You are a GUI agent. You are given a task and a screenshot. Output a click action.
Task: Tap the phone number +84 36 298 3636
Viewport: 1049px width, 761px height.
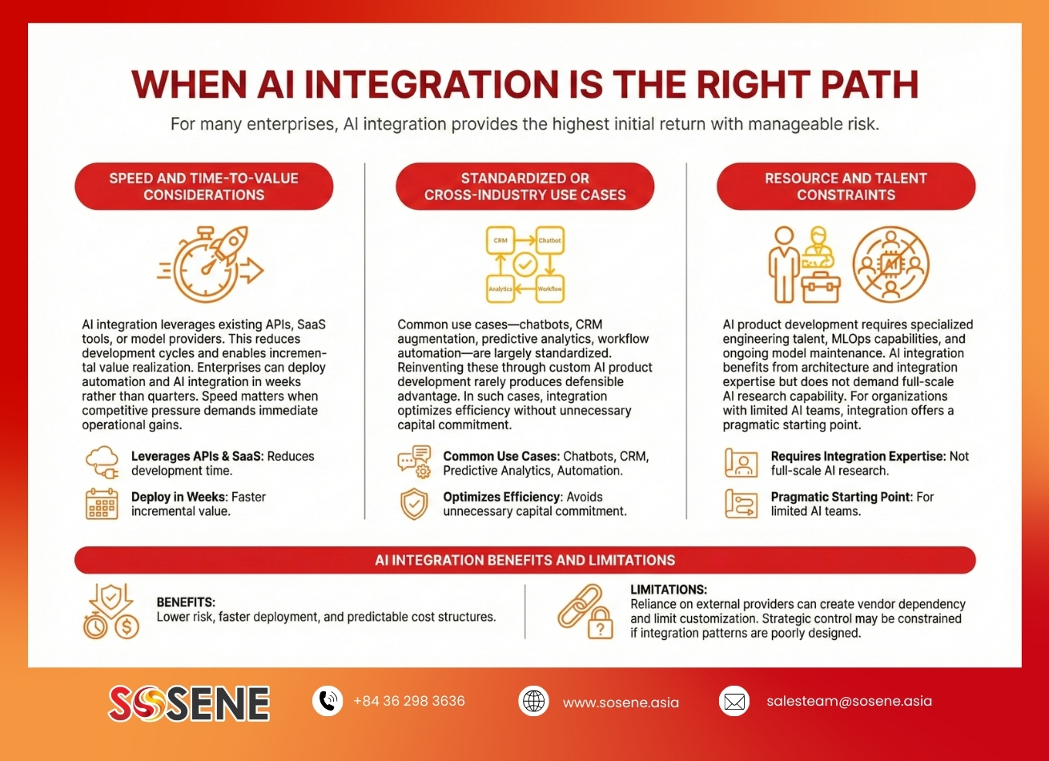[x=408, y=701]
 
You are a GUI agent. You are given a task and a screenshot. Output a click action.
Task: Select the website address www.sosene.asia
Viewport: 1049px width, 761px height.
[x=621, y=703]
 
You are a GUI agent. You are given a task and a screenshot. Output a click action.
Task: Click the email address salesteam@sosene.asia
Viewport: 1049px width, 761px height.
[x=849, y=701]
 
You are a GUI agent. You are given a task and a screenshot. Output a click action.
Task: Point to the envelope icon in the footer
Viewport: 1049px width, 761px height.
[x=734, y=702]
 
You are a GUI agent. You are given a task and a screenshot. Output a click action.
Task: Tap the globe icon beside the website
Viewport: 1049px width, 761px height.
[x=533, y=702]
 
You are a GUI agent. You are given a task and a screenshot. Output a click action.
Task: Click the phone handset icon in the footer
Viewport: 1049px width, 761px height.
[x=328, y=701]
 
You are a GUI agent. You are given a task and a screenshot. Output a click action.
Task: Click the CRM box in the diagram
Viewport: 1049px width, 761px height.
[x=500, y=240]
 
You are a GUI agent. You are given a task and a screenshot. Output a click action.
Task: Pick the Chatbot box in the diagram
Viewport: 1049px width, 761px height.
[x=549, y=240]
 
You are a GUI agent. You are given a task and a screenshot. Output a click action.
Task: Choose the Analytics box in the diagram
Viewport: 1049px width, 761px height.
[x=500, y=288]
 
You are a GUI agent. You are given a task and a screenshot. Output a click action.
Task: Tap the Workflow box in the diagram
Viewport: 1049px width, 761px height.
[x=549, y=288]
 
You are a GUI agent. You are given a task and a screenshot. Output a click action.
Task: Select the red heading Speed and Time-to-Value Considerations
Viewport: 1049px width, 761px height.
[x=204, y=187]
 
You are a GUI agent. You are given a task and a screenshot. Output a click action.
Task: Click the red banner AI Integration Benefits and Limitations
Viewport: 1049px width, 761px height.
[x=524, y=560]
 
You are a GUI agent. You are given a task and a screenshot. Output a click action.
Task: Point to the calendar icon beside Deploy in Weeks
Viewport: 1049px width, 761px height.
[x=102, y=504]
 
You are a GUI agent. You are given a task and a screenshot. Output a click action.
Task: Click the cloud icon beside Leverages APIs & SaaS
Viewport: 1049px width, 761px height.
[x=102, y=462]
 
